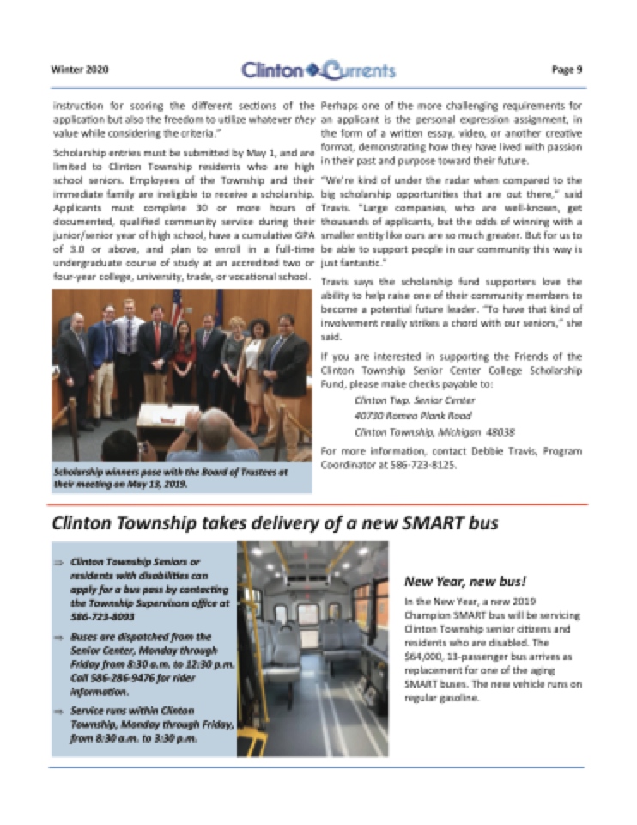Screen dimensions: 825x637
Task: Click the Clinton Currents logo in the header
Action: pos(318,70)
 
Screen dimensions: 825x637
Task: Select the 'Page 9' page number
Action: pos(567,70)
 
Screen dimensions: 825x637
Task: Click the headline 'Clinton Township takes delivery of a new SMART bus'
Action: pos(276,522)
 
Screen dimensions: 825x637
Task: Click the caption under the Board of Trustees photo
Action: pos(171,478)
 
